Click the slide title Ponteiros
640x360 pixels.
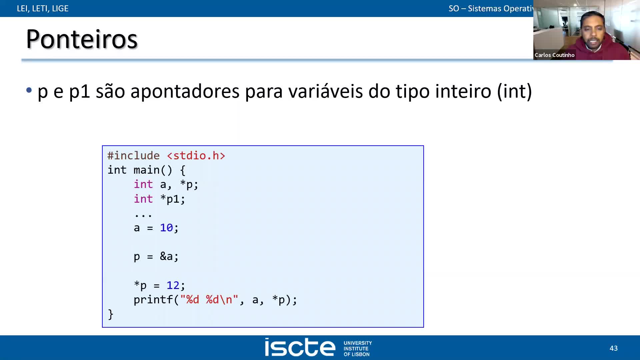pos(82,39)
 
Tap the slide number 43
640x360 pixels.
pos(613,348)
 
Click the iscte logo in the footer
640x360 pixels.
pos(300,347)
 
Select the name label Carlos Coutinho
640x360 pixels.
pos(554,55)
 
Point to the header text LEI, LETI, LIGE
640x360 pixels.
pos(43,8)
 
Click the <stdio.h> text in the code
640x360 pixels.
pos(196,156)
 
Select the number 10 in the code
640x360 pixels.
pos(166,228)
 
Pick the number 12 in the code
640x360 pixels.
pos(173,285)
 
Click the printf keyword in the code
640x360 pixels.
pos(153,300)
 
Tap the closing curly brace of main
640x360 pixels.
pos(111,314)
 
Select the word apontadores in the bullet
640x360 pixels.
pos(185,91)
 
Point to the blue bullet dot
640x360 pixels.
pos(29,90)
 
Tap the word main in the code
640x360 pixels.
pos(146,170)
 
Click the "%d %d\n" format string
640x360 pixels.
pos(209,300)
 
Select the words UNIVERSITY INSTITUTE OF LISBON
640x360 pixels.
pos(357,348)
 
